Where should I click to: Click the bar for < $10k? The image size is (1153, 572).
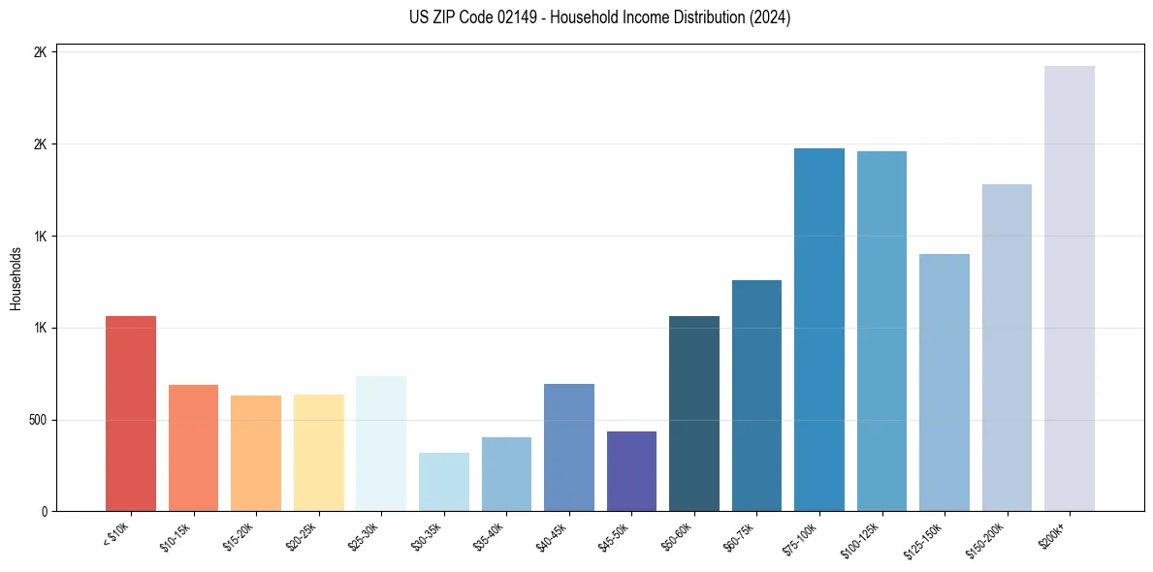coord(130,414)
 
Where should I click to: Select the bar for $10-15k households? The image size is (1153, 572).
coord(193,448)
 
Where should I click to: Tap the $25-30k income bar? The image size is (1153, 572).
coord(381,444)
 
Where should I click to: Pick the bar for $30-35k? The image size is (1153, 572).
coord(443,482)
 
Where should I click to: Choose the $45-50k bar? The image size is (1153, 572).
coord(631,471)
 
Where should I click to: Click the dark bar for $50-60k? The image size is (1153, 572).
coord(694,414)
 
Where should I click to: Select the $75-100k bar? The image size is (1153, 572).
coord(819,330)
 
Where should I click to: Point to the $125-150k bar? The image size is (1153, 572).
coord(945,383)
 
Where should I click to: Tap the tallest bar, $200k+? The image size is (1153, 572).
coord(1070,289)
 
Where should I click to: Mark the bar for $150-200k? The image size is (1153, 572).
coord(1007,348)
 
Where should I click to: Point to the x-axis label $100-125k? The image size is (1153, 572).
coord(863,537)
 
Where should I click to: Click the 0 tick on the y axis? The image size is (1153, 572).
coord(44,512)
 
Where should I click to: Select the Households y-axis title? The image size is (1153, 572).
coord(16,278)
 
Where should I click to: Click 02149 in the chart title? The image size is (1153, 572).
coord(502,17)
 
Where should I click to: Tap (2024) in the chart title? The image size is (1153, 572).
coord(770,17)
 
